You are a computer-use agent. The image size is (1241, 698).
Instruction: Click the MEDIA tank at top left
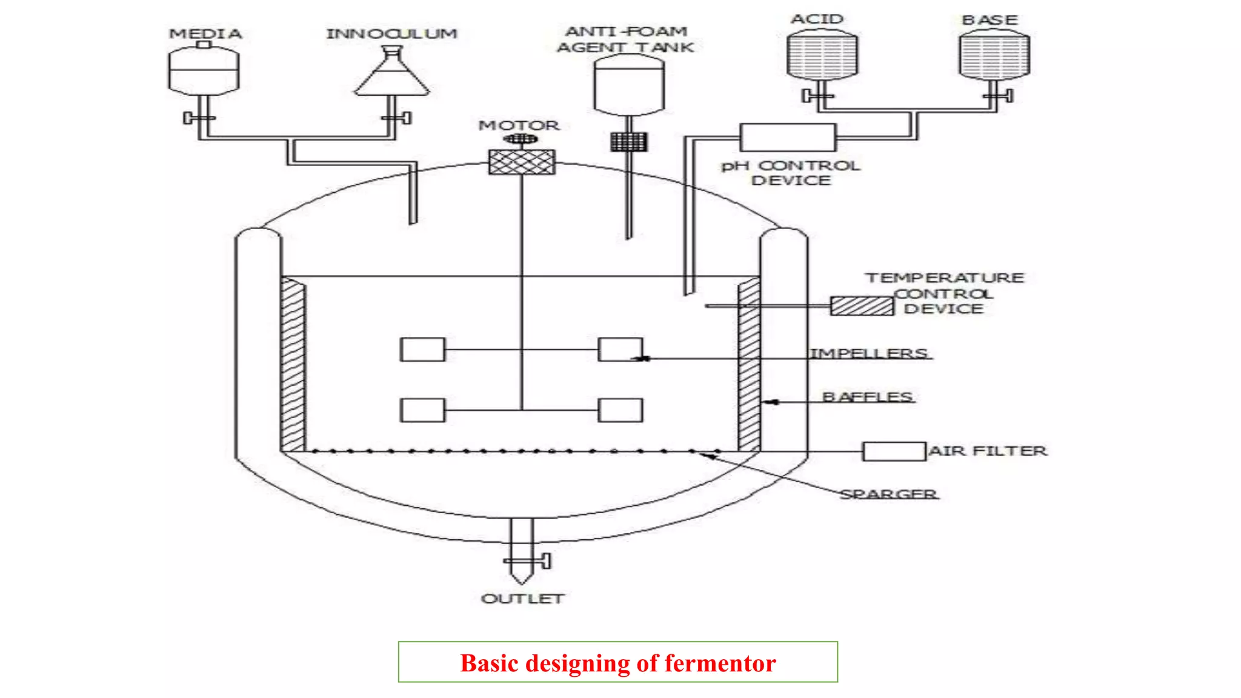tap(204, 71)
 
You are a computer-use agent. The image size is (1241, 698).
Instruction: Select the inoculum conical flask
tap(392, 79)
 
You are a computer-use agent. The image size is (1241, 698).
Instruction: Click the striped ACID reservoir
tap(822, 55)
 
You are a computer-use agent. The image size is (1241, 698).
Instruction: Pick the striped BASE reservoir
tap(994, 56)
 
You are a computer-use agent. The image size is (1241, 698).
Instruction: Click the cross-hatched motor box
tap(522, 162)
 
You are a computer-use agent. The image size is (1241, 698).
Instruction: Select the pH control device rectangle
tap(788, 138)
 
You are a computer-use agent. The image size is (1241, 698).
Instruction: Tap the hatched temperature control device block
tap(862, 306)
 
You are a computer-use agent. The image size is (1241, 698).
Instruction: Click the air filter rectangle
tap(894, 451)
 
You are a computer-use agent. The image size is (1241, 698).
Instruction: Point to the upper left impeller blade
tap(422, 350)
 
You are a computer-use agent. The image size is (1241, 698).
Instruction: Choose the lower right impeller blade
tap(620, 410)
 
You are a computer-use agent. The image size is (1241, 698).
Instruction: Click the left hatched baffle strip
tap(293, 364)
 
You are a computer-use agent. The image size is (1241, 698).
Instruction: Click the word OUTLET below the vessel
tap(522, 599)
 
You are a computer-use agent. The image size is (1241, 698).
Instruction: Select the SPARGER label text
tap(888, 494)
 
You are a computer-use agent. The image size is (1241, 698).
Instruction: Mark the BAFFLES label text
tap(867, 397)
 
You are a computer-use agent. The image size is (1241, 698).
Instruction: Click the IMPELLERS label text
tap(869, 353)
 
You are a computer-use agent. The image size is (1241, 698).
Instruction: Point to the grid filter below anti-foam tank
tap(628, 142)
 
